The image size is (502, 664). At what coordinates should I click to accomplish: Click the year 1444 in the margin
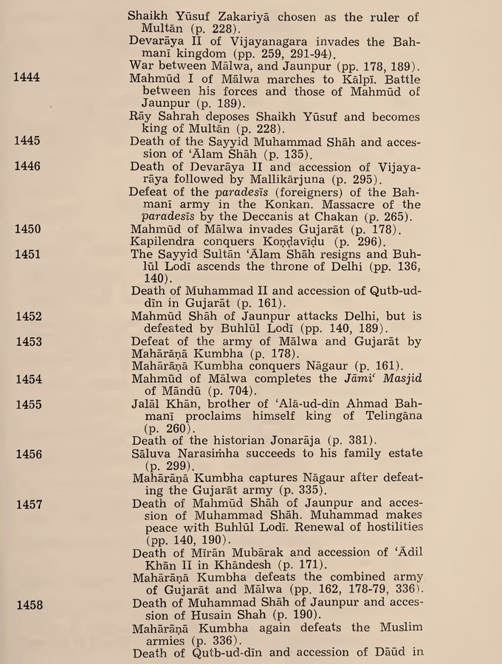27,76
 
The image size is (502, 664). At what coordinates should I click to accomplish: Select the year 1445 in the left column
27,139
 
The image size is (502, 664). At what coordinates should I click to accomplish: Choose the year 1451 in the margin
27,253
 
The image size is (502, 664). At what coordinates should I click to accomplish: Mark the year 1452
27,316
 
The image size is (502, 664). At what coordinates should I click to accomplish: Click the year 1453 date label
27,341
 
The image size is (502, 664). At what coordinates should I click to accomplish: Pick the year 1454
27,379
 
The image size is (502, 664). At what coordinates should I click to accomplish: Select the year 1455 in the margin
27,404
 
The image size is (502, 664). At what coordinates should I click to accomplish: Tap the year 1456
27,454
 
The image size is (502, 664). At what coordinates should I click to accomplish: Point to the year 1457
27,505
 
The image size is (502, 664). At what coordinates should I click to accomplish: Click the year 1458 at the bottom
27,605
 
